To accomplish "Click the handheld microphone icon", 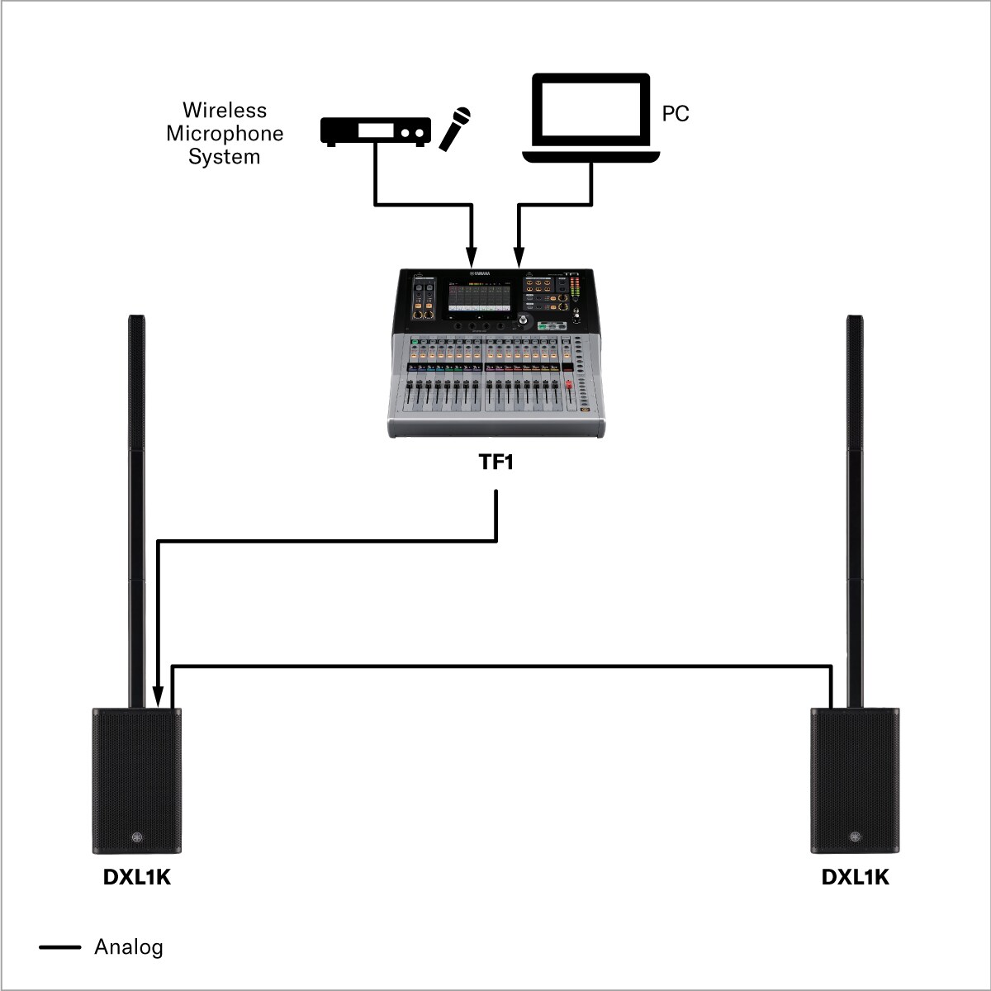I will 454,129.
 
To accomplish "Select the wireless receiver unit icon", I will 376,131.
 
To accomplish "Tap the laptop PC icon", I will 590,117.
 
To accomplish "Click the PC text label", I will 676,114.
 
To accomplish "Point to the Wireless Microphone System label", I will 225,133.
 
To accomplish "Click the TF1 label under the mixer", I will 496,462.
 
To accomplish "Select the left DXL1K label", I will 137,877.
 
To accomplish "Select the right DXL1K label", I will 856,877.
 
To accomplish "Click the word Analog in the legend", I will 129,946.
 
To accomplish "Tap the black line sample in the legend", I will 60,947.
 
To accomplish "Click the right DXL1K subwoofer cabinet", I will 855,776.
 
